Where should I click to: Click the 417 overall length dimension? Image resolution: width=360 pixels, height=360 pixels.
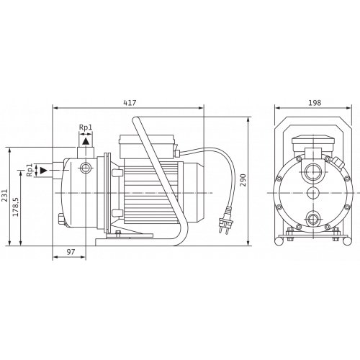130,103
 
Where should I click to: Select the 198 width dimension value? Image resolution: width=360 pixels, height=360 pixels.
315,103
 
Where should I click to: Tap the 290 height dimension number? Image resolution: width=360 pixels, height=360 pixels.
243,180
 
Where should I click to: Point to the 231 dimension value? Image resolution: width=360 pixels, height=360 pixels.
4,196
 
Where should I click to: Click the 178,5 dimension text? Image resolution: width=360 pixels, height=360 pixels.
16,207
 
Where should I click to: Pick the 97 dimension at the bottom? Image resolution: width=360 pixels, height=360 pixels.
71,252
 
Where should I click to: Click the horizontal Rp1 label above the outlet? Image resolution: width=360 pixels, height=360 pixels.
86,127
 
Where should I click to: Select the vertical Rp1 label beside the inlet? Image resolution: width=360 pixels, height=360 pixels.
29,170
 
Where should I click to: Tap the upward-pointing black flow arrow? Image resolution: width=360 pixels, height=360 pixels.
86,141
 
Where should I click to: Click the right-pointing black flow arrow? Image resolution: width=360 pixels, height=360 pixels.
43,171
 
